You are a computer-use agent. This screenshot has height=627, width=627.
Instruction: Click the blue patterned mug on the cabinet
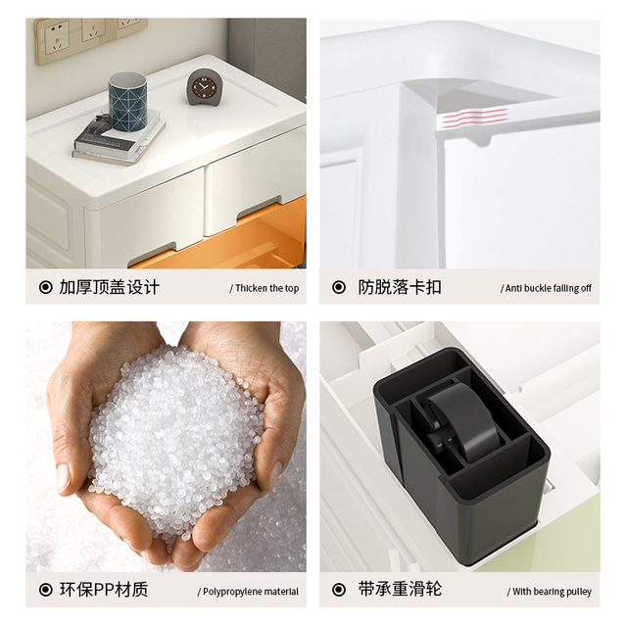coord(127,101)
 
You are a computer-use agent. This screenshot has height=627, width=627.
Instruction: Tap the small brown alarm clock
coord(202,87)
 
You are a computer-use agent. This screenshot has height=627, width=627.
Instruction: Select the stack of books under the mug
coord(119,138)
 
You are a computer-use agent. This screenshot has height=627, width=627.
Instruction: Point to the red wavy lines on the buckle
coord(473,117)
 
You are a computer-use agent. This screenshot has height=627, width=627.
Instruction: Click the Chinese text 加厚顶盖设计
coord(109,287)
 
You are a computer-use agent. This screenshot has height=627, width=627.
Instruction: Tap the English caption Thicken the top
coord(265,288)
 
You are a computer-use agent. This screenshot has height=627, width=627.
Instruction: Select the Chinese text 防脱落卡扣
coord(400,287)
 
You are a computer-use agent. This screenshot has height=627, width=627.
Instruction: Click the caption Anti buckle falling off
coord(547,288)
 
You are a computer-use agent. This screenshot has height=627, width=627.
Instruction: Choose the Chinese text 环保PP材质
coord(104,590)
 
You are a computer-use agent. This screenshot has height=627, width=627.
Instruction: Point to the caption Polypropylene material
coord(248,592)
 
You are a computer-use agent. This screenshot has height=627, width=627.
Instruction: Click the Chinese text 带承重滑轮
coord(400,590)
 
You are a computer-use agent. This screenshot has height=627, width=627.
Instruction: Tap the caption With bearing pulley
coord(550,592)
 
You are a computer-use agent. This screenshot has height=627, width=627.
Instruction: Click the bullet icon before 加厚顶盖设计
coord(46,287)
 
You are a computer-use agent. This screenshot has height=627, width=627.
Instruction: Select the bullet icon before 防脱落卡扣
coord(339,287)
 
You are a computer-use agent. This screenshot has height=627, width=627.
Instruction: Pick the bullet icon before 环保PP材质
coord(46,590)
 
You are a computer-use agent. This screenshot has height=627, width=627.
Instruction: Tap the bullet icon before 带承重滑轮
coord(339,590)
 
